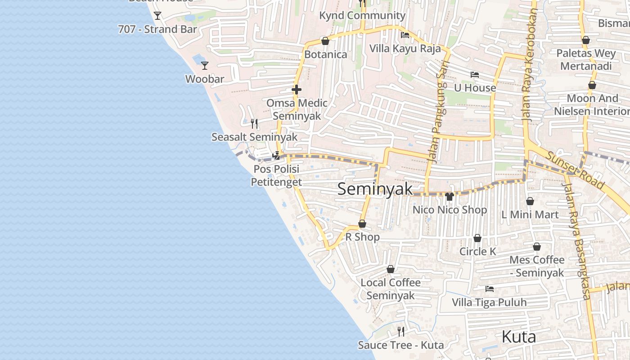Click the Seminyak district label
tap(374, 189)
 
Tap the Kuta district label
tap(518, 337)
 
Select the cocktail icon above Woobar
tap(205, 66)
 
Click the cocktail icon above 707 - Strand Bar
tap(157, 16)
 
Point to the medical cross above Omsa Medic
tap(296, 90)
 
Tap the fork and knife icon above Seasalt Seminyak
tap(254, 123)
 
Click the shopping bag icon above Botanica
tap(325, 41)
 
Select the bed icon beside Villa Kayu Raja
tap(405, 35)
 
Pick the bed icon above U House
tap(475, 75)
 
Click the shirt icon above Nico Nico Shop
tap(449, 197)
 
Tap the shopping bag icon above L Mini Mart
tap(530, 201)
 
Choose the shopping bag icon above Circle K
tap(477, 238)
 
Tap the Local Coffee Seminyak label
tap(391, 289)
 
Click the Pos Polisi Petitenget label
tap(276, 175)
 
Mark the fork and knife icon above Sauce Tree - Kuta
tap(400, 332)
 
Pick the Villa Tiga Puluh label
tap(489, 302)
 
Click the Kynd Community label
tap(362, 15)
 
